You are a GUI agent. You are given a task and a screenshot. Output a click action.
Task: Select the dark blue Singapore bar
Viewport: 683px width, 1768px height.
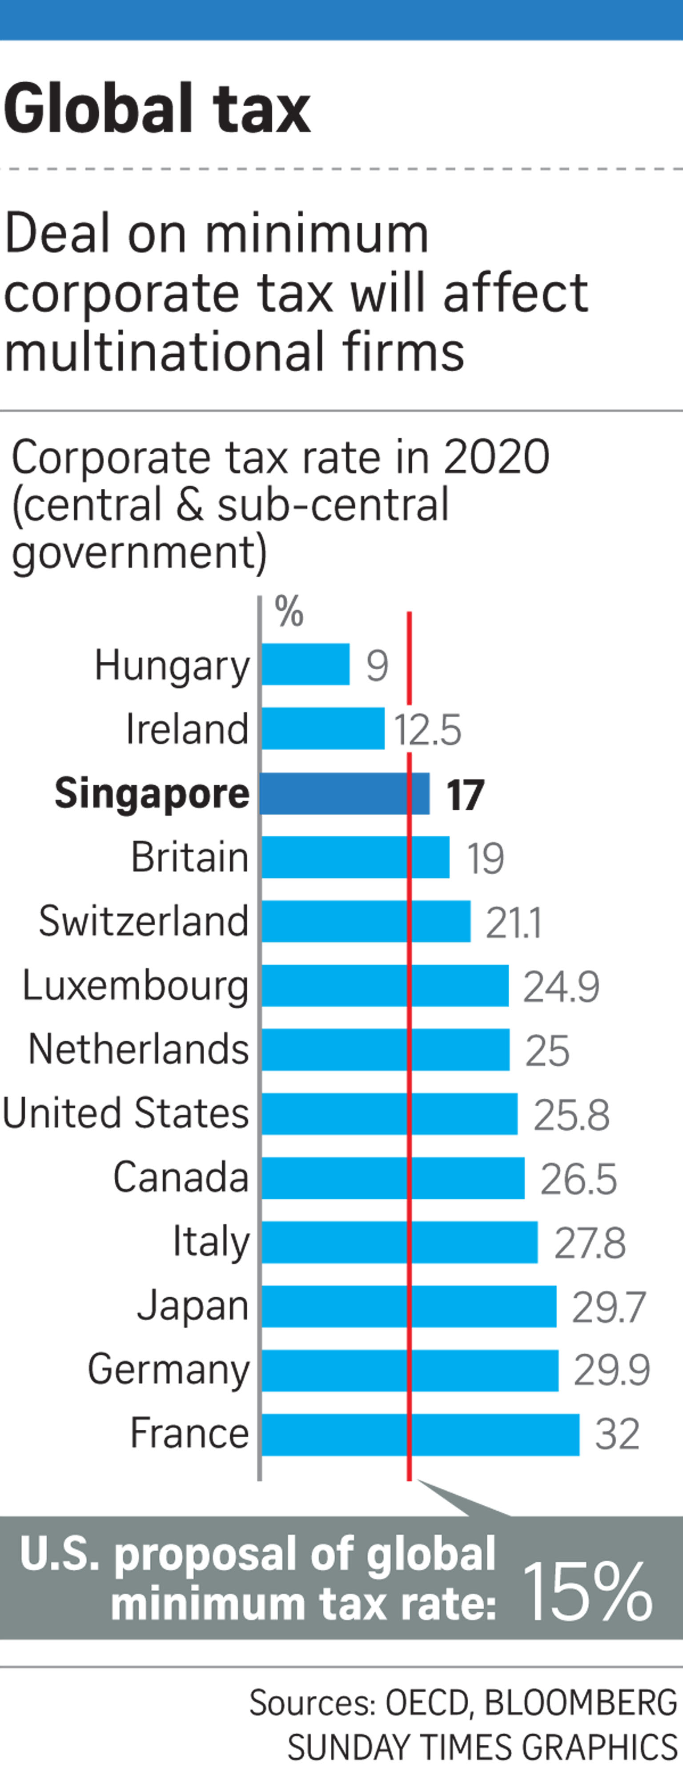(x=345, y=793)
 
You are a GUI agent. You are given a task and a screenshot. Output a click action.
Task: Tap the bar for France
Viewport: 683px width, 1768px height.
(x=420, y=1434)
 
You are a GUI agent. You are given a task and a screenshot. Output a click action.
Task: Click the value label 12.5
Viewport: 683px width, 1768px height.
(x=427, y=730)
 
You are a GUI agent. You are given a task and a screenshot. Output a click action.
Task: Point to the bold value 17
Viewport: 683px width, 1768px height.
(x=466, y=795)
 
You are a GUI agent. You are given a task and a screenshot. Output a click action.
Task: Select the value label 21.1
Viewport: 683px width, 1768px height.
(x=514, y=922)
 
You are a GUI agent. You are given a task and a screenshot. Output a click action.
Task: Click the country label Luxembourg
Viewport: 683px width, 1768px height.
(x=135, y=986)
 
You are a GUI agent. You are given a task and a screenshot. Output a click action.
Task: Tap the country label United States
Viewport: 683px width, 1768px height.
(x=126, y=1113)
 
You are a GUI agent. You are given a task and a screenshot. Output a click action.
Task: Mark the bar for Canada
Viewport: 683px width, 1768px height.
(x=393, y=1178)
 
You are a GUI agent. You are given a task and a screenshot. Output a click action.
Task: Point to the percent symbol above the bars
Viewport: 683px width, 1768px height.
(x=289, y=611)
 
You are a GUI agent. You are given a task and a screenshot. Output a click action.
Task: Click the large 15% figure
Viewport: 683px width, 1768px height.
(x=587, y=1591)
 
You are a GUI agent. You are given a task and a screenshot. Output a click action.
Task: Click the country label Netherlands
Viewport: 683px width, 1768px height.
(x=138, y=1049)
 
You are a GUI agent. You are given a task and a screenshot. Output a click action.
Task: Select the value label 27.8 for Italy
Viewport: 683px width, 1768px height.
(x=590, y=1243)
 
